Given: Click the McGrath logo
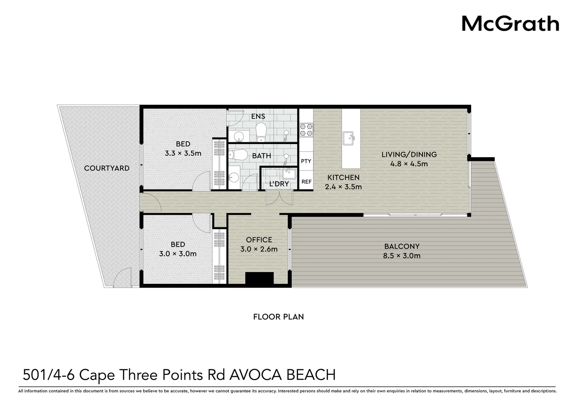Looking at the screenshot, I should coord(510,23).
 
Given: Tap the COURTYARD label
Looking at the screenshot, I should coord(106,168).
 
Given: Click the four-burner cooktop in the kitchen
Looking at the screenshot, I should coord(306,130).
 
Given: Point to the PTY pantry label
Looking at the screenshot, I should coord(306,161).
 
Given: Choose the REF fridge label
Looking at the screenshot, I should coord(306,182).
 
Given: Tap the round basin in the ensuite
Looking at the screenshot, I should coord(239,136).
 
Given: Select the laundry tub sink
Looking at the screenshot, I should coord(289,174).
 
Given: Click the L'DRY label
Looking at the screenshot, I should coord(279,184).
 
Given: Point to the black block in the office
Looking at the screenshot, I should coord(259,278).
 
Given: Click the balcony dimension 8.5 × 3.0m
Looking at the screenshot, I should coord(402,256).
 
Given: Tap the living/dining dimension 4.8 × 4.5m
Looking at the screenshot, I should coord(409,164).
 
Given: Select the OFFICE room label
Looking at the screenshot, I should coord(259,240).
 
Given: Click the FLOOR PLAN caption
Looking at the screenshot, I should coord(278,317).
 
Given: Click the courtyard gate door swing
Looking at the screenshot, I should coord(122,279).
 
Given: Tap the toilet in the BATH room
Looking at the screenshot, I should coord(239,155).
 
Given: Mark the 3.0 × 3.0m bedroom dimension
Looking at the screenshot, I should coord(178,254).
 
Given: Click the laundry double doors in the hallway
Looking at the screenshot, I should coord(279,197).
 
